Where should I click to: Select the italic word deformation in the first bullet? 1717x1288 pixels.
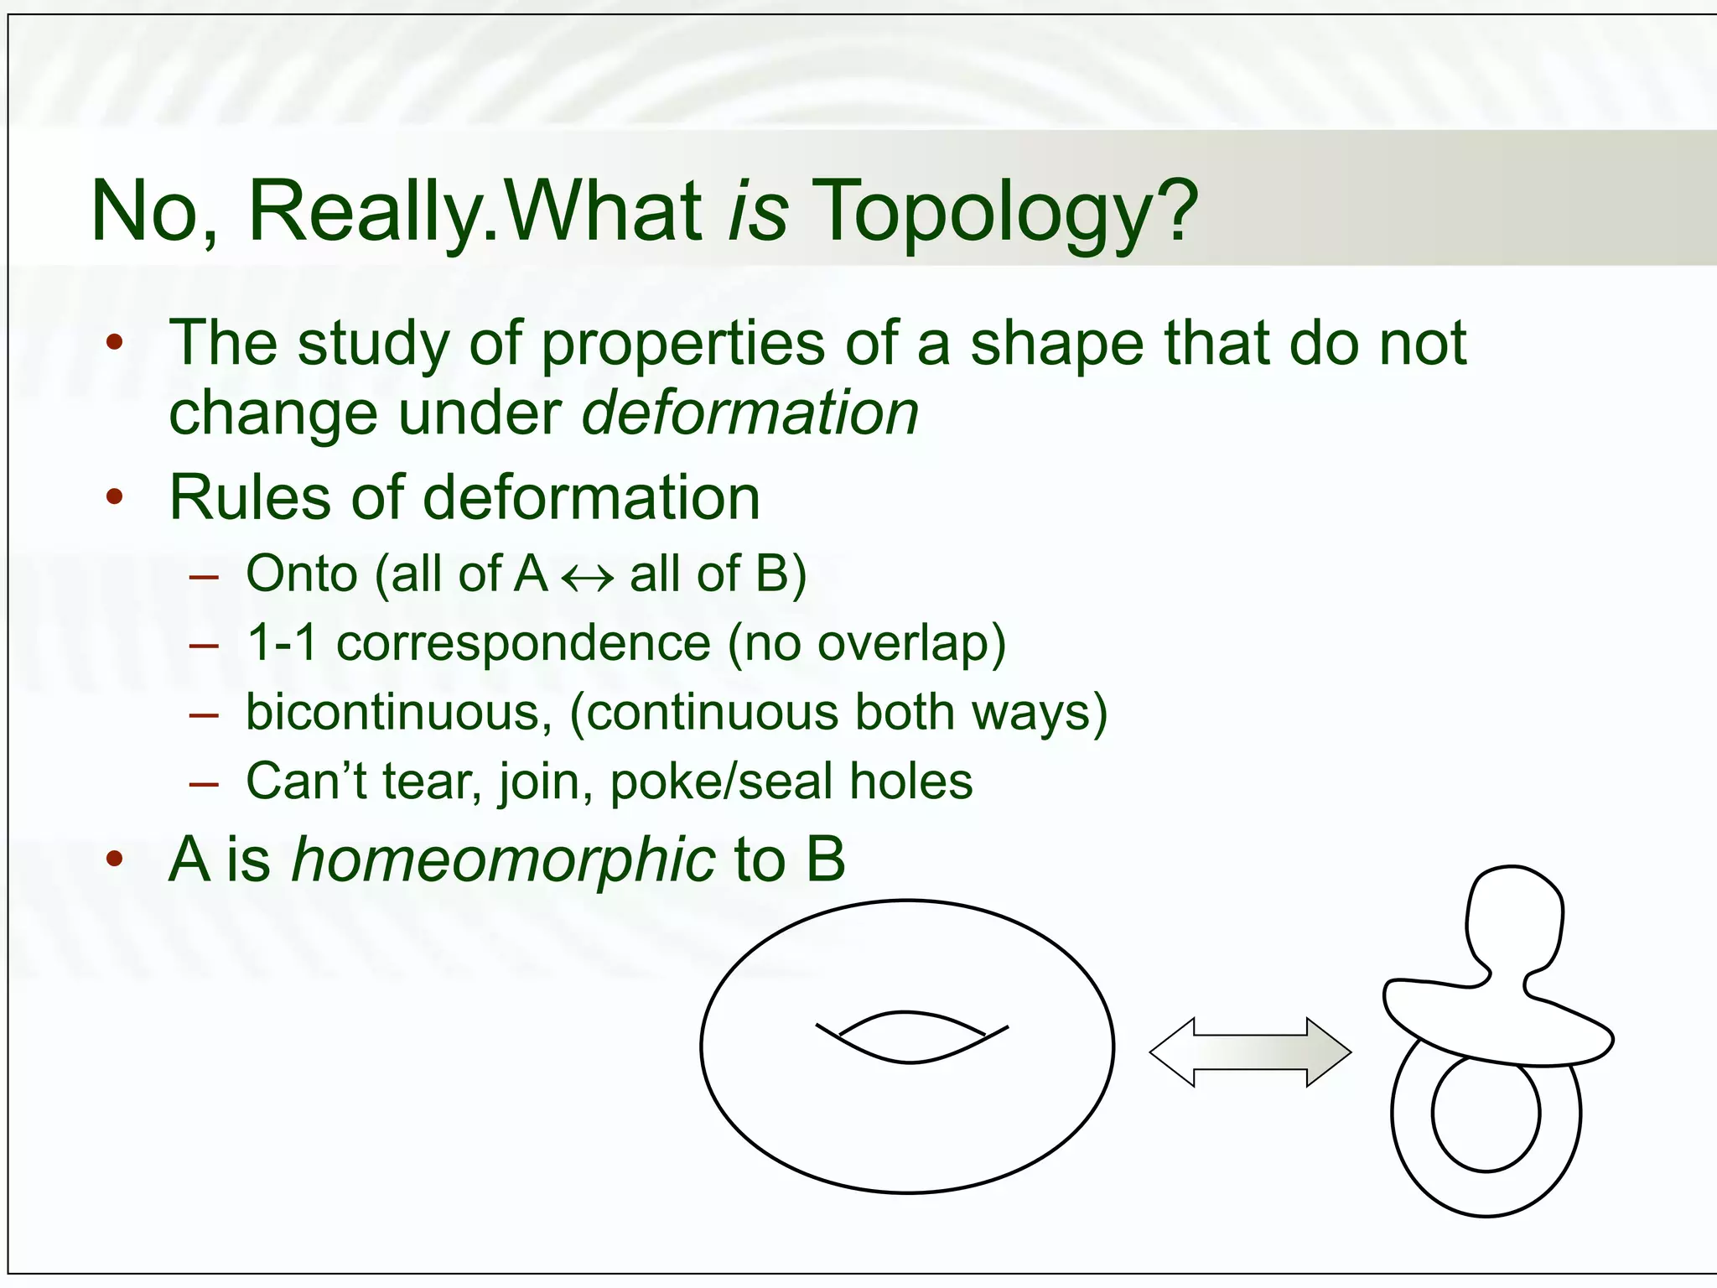(x=750, y=413)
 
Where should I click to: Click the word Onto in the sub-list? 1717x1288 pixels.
(x=302, y=574)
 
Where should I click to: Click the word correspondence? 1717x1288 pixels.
(x=524, y=644)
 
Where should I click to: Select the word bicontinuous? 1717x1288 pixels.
(x=399, y=713)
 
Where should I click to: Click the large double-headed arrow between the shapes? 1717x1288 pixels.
(x=1250, y=1052)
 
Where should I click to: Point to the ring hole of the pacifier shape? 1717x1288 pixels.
(x=1486, y=1114)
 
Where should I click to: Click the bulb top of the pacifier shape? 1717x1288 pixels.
(x=1514, y=918)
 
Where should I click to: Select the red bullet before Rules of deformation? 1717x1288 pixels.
(x=115, y=496)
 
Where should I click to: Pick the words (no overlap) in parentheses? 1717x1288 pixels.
(x=867, y=644)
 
